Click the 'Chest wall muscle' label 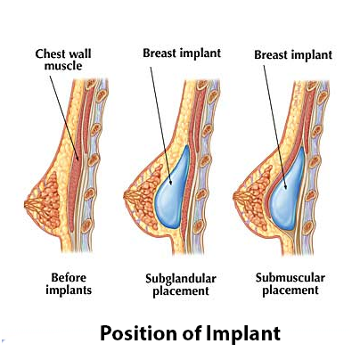(63, 60)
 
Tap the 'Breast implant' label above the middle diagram (182, 53)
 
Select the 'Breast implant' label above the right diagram (293, 55)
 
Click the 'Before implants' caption (69, 284)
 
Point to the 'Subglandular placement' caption (181, 285)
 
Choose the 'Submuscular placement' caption (290, 284)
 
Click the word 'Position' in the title (139, 333)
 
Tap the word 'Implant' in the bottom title (243, 333)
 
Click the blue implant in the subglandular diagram (173, 187)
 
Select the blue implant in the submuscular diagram (287, 190)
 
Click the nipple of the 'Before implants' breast (28, 204)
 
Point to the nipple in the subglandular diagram (127, 196)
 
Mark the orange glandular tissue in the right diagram (256, 193)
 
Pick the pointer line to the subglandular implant (160, 126)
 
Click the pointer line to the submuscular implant (274, 127)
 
